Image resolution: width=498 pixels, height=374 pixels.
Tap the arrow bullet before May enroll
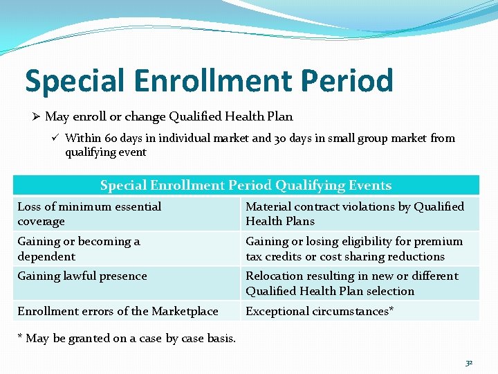click(x=36, y=116)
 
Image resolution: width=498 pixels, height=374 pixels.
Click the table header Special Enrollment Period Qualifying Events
click(x=246, y=185)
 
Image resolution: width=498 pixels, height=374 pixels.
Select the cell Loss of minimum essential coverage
click(x=89, y=214)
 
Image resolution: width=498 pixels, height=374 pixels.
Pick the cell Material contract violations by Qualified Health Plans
click(x=355, y=214)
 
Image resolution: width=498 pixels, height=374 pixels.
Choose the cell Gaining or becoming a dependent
click(x=79, y=249)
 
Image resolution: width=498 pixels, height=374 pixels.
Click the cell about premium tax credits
click(x=355, y=249)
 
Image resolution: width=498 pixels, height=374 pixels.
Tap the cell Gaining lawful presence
click(x=82, y=276)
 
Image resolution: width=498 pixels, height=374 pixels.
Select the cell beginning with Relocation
click(x=352, y=283)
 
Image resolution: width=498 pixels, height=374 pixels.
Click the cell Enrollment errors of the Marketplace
click(x=118, y=311)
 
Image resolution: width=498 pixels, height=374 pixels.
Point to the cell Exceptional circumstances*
click(x=320, y=311)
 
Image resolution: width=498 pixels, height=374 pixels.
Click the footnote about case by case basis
click(x=127, y=338)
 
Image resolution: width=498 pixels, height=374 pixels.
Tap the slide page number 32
click(x=469, y=362)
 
